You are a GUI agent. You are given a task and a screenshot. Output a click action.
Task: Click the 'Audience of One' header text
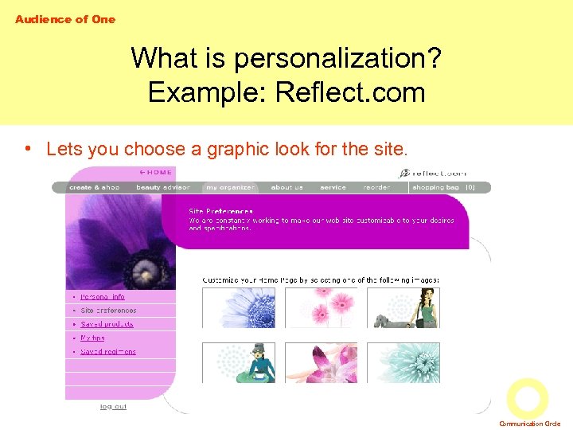(65, 19)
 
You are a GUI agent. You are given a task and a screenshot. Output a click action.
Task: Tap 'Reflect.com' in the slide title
(350, 92)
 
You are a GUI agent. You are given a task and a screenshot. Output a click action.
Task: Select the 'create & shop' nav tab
(94, 187)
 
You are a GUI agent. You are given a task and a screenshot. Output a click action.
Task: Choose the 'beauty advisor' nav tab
(163, 187)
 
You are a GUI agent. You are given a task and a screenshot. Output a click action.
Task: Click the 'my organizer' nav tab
(230, 187)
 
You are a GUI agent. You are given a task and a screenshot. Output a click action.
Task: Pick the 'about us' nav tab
(286, 187)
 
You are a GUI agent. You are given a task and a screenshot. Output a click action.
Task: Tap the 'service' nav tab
(333, 187)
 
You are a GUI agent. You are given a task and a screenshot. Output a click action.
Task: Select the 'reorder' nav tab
(376, 187)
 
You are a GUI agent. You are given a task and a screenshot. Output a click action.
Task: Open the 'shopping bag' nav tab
(436, 187)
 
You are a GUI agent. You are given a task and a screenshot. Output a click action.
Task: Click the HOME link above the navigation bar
(156, 171)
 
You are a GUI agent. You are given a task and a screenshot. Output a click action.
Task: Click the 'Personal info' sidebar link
(103, 297)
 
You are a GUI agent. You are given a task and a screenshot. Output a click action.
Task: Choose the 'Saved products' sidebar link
(107, 324)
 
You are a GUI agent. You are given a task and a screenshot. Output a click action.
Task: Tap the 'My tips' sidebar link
(92, 338)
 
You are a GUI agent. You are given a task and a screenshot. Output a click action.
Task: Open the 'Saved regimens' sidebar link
(108, 351)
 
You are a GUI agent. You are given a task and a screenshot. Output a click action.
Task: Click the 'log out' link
(113, 407)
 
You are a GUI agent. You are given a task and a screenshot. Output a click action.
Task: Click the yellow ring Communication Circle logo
(527, 398)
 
